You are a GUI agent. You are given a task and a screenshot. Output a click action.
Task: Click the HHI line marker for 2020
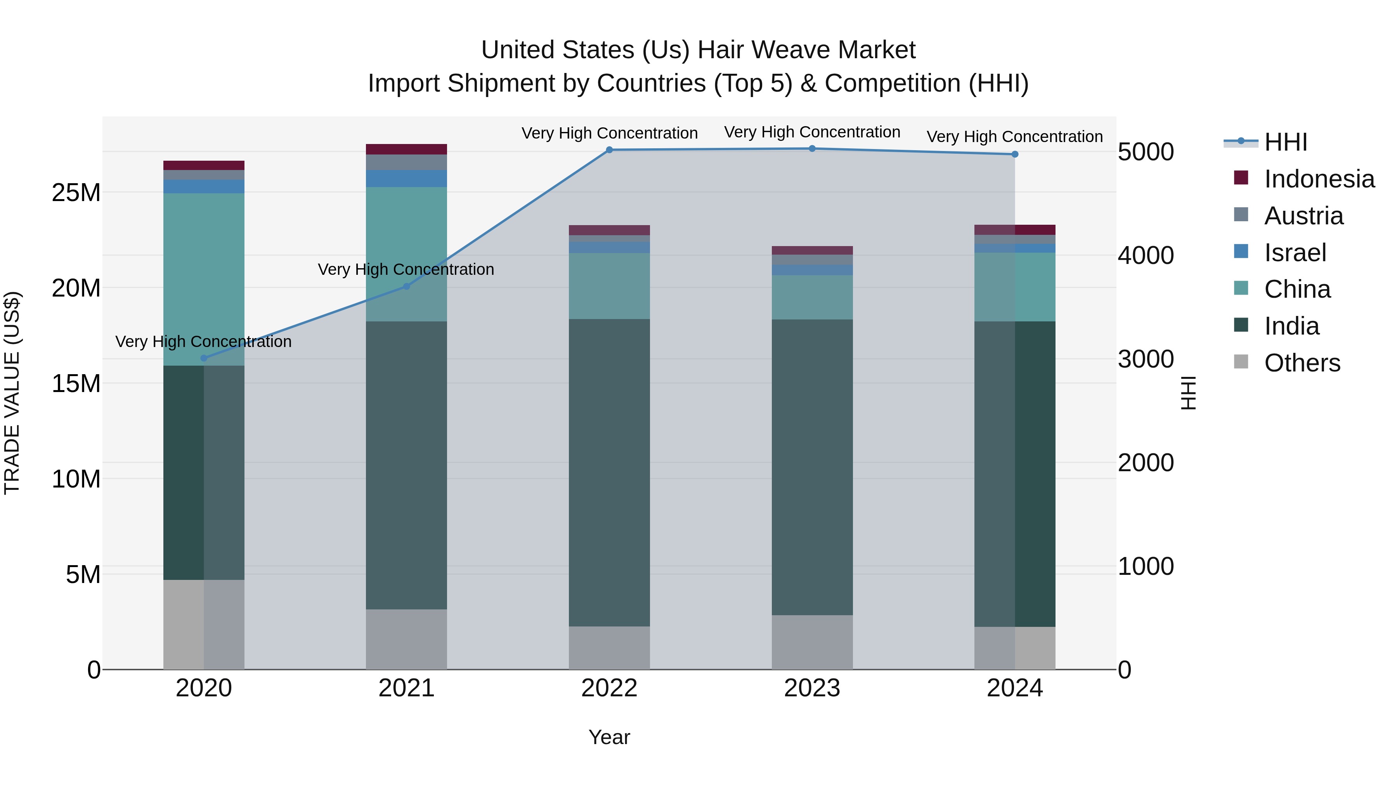204,358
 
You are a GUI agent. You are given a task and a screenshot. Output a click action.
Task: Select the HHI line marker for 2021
407,286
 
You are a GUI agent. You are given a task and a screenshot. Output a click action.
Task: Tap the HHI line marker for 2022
609,150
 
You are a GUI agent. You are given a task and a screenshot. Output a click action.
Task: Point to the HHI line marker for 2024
1015,154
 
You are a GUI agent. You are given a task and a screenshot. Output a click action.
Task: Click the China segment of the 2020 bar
204,279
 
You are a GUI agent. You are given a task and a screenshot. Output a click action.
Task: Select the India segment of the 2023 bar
812,467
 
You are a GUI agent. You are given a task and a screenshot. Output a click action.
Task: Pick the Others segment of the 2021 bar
407,639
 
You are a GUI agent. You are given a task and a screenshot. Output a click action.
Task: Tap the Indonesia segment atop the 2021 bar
407,149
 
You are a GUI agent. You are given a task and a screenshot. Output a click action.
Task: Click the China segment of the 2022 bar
609,286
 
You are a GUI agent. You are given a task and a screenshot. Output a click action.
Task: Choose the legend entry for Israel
1295,253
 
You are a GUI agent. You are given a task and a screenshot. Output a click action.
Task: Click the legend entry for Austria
1303,216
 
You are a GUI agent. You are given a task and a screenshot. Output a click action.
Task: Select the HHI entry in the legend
1285,142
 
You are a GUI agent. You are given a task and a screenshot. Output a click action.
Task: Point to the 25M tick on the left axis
76,193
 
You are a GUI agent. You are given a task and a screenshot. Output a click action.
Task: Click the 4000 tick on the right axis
1146,255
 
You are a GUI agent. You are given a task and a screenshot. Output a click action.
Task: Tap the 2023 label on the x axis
812,688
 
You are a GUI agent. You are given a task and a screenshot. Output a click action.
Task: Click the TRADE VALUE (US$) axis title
12,393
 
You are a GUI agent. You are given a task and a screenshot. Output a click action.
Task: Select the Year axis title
609,737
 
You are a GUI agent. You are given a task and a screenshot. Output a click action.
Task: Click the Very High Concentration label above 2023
812,132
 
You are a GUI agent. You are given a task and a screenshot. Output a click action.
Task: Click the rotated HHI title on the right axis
1188,393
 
